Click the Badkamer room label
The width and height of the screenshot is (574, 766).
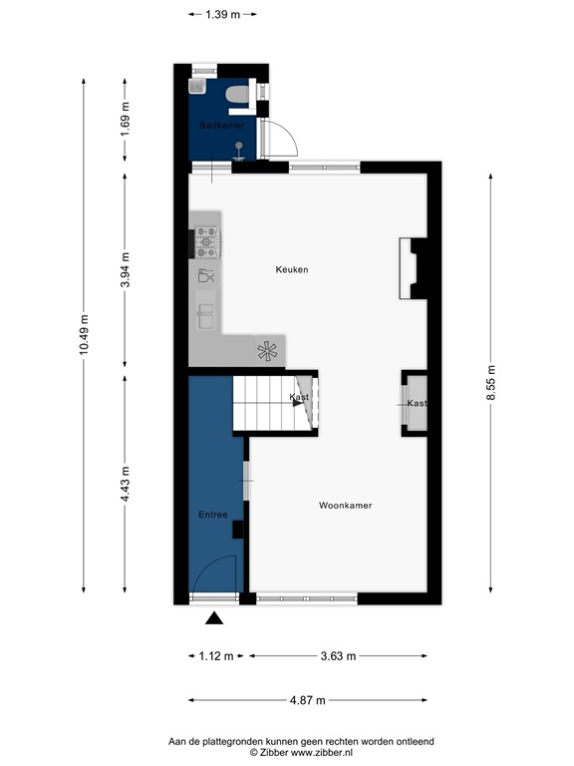[x=221, y=126]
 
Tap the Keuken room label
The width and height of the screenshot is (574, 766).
[x=292, y=270]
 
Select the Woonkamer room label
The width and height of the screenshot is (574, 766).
[x=345, y=506]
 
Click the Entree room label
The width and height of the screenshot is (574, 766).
[x=213, y=515]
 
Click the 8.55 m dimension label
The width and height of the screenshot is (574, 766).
[x=490, y=384]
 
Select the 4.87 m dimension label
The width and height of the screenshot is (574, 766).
[x=306, y=700]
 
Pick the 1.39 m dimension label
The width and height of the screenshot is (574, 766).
[x=222, y=14]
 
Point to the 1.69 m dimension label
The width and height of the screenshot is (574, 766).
[x=125, y=119]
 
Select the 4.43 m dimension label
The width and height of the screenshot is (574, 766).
[x=125, y=485]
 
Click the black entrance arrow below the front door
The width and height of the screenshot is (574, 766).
[x=213, y=619]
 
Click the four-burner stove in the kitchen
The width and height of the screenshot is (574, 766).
[x=207, y=238]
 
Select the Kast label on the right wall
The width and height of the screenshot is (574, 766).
[x=417, y=403]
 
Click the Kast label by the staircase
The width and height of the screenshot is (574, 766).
[x=298, y=397]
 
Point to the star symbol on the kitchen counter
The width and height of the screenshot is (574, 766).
[x=267, y=350]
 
